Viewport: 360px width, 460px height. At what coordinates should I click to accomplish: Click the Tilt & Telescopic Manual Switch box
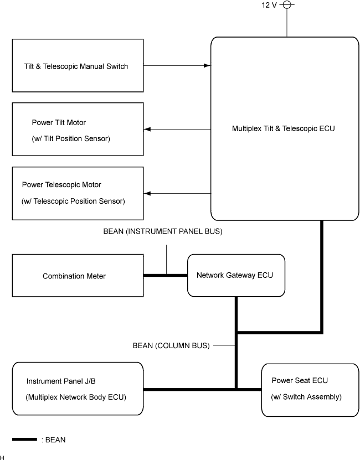coord(78,66)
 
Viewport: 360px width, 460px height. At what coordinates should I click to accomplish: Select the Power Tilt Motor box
coord(78,129)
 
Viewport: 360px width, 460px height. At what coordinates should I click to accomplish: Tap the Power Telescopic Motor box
coord(78,193)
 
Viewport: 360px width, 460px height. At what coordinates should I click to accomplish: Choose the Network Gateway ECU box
coord(236,275)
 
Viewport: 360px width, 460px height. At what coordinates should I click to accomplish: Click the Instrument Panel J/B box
coord(78,389)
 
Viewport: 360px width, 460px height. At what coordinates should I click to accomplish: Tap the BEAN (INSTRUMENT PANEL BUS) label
coord(162,232)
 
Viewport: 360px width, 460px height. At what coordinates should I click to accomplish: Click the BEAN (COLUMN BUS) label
coord(171,346)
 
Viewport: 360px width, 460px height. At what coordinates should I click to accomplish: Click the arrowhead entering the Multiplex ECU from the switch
coord(207,66)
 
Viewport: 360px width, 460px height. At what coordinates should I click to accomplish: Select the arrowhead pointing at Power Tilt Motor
coord(148,129)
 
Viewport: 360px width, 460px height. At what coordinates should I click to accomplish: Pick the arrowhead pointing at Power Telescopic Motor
coord(148,193)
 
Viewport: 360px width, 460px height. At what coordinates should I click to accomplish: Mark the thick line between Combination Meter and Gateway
coord(166,275)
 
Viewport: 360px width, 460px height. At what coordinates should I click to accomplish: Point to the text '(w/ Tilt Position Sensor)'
coord(71,138)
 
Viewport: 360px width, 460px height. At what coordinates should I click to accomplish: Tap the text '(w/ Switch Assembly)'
coord(306,397)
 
